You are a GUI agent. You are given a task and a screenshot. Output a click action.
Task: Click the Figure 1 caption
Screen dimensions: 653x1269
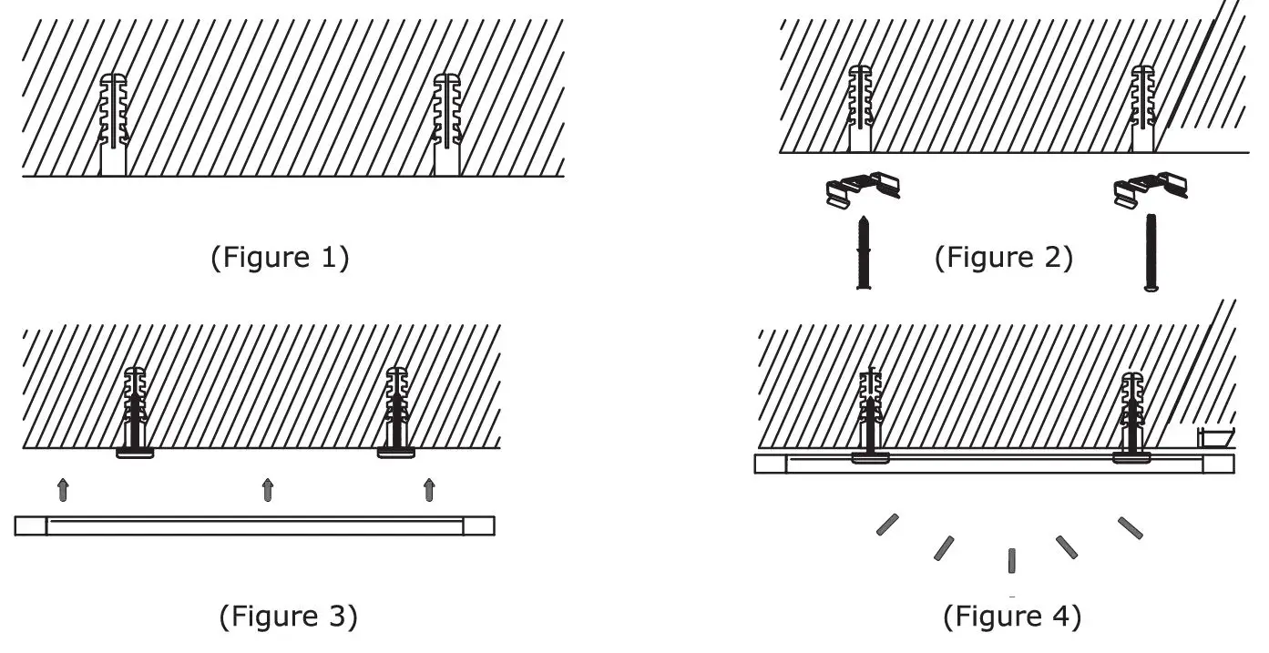(x=281, y=258)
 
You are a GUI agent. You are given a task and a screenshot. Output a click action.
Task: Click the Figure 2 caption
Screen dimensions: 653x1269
(x=1004, y=258)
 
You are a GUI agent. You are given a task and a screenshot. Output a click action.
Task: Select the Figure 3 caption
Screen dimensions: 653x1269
(x=289, y=617)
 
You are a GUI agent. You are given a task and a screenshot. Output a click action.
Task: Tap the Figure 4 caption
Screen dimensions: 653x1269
(x=1012, y=617)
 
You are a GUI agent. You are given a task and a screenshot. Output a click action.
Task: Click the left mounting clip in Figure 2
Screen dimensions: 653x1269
(x=861, y=188)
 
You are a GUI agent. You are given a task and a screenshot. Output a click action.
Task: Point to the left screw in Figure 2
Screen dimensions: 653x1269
(x=862, y=254)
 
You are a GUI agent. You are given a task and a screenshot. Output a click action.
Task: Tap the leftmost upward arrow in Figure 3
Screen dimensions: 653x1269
(x=63, y=489)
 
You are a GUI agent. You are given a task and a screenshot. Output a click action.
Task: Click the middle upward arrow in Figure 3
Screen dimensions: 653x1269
(x=268, y=489)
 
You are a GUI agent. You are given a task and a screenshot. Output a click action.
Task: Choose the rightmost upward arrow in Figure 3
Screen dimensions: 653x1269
(x=429, y=489)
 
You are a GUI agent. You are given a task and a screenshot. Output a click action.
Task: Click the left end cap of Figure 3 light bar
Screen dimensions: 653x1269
(x=31, y=525)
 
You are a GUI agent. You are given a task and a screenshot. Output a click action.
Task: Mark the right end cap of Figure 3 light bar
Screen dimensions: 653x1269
(x=479, y=525)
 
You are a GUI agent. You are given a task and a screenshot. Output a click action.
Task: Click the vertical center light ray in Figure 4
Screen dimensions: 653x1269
(x=1011, y=560)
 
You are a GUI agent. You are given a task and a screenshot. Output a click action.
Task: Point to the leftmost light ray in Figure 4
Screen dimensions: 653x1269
(x=887, y=524)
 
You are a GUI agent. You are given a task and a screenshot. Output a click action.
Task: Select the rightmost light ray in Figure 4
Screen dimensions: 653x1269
(x=1130, y=526)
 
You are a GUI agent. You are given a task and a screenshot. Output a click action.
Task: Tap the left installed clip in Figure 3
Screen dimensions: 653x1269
(x=135, y=453)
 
